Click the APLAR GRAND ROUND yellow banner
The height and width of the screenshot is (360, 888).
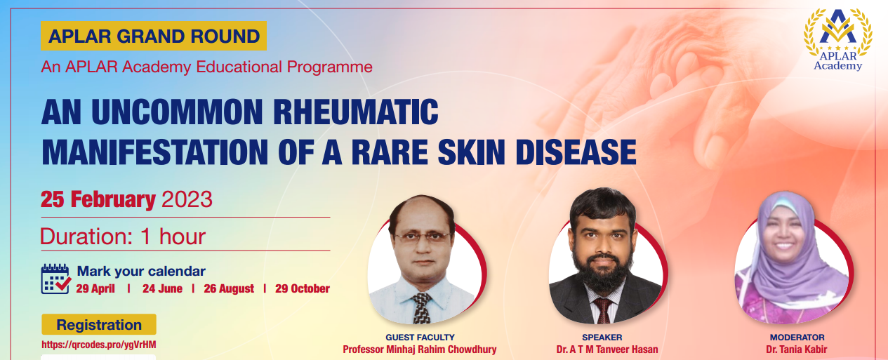tap(154, 36)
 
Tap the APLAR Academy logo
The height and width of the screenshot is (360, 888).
tap(837, 39)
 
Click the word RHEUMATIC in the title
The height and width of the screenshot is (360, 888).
tap(356, 112)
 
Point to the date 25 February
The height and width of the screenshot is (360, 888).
tap(98, 199)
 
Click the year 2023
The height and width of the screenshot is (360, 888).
tap(187, 199)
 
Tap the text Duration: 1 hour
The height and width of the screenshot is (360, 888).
tap(123, 236)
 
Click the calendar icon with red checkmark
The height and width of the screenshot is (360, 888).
tap(56, 279)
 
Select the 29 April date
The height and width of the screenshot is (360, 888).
tap(95, 288)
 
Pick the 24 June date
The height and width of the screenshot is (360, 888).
tap(163, 288)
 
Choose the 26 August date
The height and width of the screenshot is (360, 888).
tap(229, 288)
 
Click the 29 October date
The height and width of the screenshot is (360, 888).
tap(303, 288)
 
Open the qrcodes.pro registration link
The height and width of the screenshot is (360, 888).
tap(99, 345)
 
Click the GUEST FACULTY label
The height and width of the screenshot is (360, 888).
tap(420, 338)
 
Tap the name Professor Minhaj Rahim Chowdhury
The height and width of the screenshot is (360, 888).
tap(419, 349)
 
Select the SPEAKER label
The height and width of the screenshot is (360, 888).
tap(602, 338)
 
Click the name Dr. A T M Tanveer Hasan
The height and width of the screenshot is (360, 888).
tap(607, 349)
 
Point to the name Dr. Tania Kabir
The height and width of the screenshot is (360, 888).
tap(797, 349)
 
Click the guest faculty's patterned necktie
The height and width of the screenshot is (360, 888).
tap(422, 308)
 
